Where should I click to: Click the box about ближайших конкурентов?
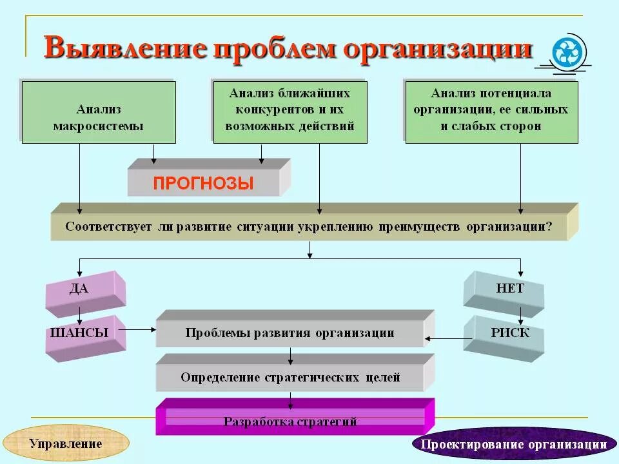point(290,110)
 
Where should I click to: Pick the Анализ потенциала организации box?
point(491,110)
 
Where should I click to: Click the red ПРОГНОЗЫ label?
point(203,183)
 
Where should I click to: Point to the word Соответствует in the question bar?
point(107,227)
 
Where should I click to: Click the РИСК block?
point(509,333)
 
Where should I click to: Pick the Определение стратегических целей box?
point(290,377)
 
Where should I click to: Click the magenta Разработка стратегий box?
point(290,421)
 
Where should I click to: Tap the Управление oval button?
point(66,443)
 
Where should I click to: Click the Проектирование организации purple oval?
point(513,444)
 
